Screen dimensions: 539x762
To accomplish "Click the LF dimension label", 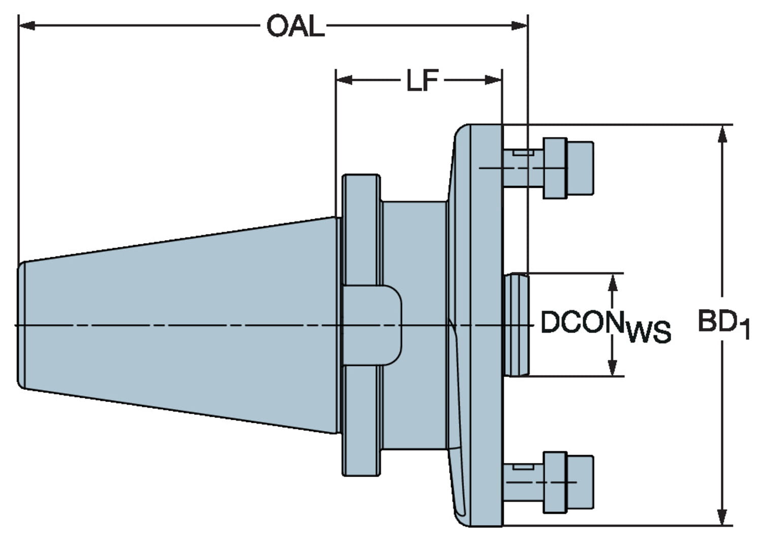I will pos(422,80).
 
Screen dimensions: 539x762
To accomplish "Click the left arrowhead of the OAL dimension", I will pos(26,25).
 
